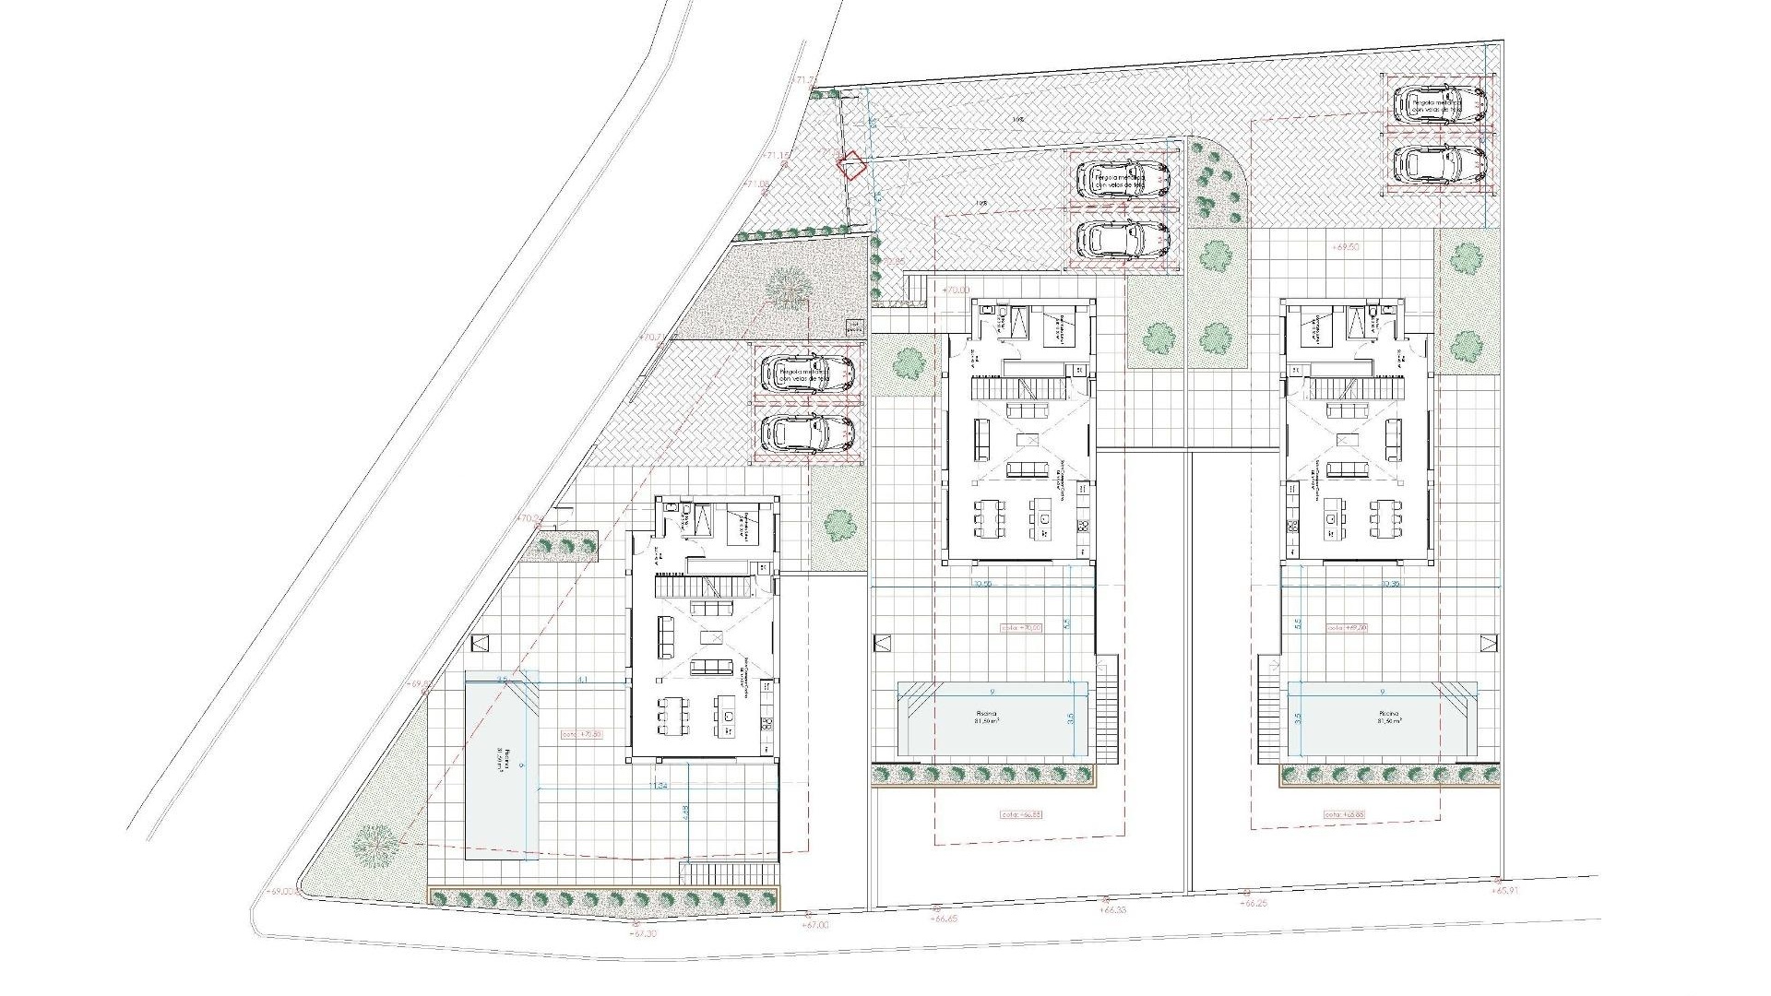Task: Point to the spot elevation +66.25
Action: click(x=1255, y=904)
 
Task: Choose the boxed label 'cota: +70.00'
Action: click(x=1021, y=627)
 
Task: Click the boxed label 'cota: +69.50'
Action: click(x=1346, y=627)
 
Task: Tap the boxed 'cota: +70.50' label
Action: click(x=581, y=734)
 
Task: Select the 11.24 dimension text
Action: click(x=658, y=786)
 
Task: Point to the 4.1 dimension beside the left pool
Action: click(x=582, y=680)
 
